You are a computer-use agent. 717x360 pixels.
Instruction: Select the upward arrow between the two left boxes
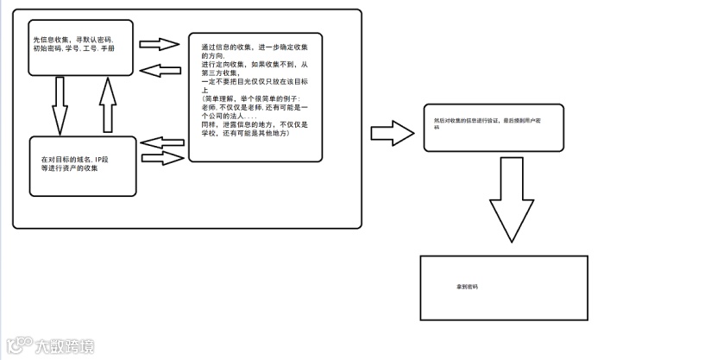pos(106,104)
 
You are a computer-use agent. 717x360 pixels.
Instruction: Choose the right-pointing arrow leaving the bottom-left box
pos(165,157)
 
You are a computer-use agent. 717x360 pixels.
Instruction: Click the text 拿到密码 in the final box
pos(467,285)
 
